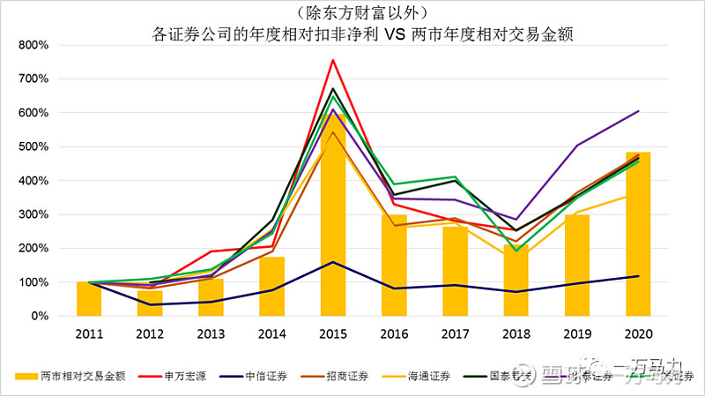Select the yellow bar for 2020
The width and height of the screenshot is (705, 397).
click(638, 234)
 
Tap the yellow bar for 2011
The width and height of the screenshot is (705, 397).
click(88, 298)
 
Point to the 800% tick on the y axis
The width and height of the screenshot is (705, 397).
click(34, 45)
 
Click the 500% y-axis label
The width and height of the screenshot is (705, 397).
click(34, 146)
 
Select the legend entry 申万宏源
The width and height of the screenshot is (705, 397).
click(186, 376)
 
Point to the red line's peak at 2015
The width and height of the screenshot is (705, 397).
click(332, 60)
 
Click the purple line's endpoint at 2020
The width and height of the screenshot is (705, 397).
click(638, 111)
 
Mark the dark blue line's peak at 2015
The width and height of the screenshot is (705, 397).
click(332, 262)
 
